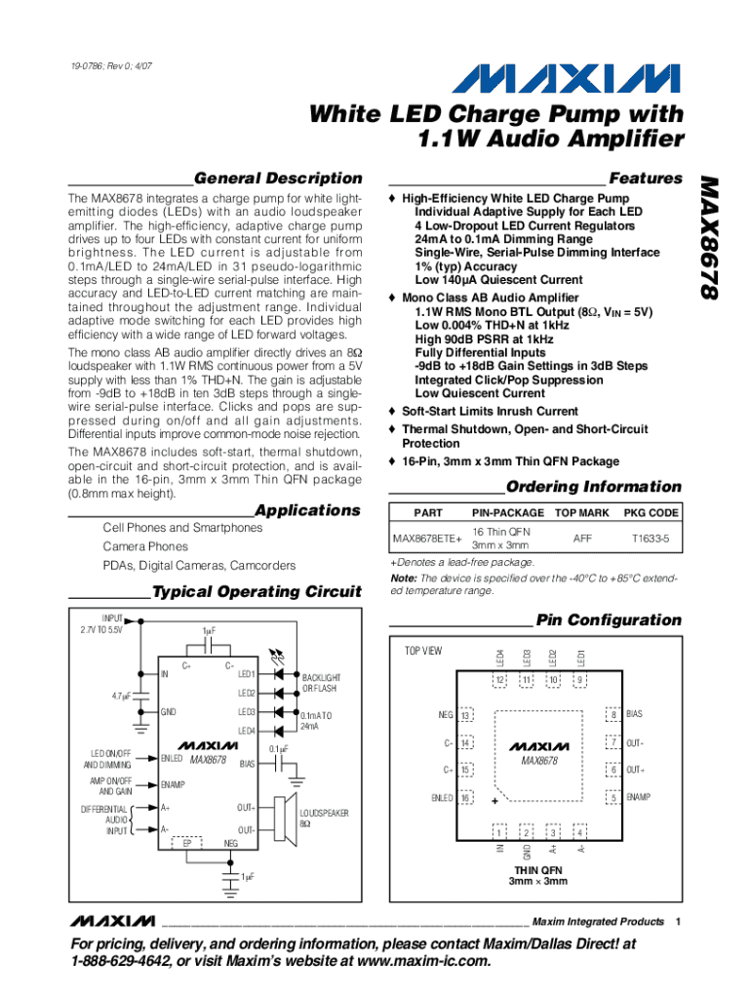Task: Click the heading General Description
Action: click(x=278, y=178)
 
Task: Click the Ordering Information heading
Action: click(x=594, y=486)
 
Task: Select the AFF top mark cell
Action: click(x=582, y=538)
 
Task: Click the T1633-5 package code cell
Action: click(x=652, y=538)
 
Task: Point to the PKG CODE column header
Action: click(x=652, y=512)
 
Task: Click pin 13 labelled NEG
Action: click(x=465, y=715)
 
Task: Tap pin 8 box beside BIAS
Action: click(x=613, y=715)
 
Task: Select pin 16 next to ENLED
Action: click(x=465, y=798)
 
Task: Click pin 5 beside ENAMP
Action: click(x=613, y=798)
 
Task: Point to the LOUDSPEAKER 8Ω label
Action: click(x=324, y=818)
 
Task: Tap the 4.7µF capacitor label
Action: click(x=122, y=696)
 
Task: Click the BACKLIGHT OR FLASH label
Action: click(x=321, y=682)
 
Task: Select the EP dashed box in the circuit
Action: click(x=187, y=842)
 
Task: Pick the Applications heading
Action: click(x=307, y=510)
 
